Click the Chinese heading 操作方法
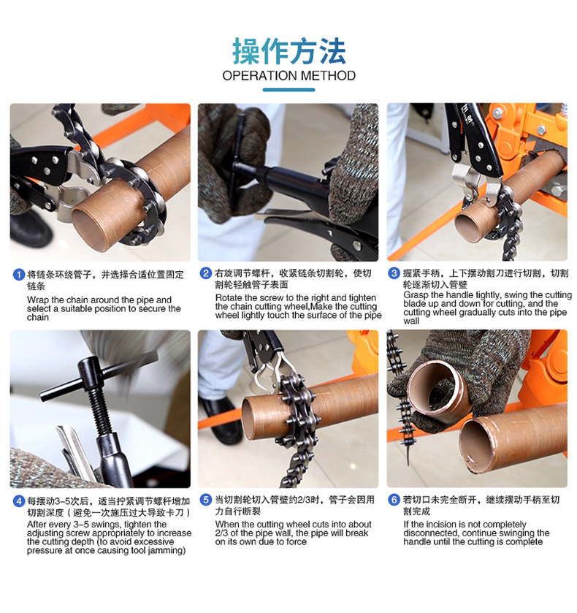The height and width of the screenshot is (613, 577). (x=289, y=51)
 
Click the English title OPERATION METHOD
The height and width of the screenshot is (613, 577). (x=289, y=75)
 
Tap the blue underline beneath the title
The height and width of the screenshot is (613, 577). (x=289, y=90)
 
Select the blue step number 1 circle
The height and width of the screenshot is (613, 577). (x=19, y=275)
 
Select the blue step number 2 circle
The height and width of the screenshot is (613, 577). (x=206, y=273)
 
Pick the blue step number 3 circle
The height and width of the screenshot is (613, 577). (x=394, y=273)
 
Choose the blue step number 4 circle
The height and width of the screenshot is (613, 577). (x=19, y=501)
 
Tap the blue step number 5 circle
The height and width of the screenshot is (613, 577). (x=206, y=500)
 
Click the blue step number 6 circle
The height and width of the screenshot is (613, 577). (x=394, y=500)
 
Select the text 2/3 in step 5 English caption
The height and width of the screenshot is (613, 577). (x=221, y=533)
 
